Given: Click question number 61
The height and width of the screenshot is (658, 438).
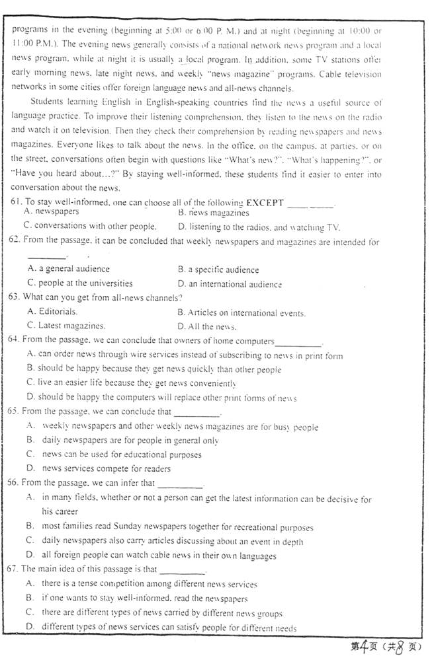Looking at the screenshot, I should (15, 202).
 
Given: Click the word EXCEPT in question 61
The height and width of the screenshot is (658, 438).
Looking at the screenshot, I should (265, 202).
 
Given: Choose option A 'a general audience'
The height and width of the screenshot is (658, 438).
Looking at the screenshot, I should (69, 270).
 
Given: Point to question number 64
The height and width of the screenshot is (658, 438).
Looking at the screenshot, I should (15, 341).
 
